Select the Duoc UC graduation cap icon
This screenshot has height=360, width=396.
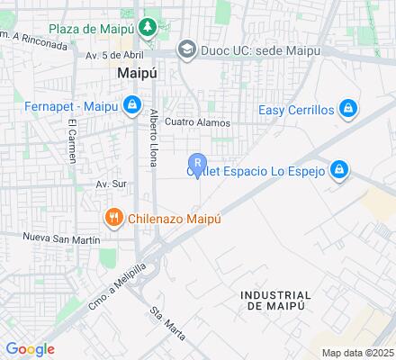point(187,49)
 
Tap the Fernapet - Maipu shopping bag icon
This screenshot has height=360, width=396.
point(132,105)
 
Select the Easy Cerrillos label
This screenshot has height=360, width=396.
point(296,110)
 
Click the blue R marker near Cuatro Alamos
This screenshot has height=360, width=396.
point(199,163)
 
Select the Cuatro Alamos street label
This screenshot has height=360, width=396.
point(198,123)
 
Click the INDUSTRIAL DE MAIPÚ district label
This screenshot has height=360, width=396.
point(275,301)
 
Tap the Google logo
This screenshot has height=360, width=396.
point(30,349)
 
